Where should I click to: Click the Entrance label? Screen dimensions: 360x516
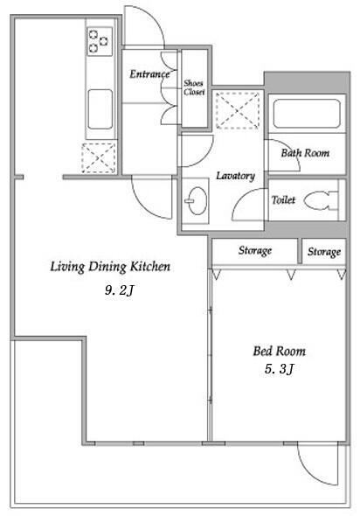click(149, 74)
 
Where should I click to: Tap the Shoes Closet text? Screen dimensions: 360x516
click(194, 87)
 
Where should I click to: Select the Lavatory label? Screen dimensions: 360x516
click(235, 176)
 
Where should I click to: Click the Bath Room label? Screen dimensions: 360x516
click(305, 153)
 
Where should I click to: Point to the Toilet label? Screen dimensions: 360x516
click(283, 199)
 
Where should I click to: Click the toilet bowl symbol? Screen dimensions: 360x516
click(321, 201)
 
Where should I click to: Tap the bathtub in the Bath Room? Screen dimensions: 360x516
click(307, 114)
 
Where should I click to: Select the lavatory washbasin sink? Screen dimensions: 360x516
click(197, 201)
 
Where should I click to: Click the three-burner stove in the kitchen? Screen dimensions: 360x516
click(100, 41)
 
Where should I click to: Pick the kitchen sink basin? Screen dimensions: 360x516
click(100, 109)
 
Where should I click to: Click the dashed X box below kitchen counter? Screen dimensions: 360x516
click(99, 158)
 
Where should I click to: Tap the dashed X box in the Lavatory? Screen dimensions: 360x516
click(238, 110)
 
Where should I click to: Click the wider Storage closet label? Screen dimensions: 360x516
click(255, 250)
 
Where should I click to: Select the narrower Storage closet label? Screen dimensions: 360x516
click(324, 252)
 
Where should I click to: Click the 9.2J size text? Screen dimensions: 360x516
click(120, 290)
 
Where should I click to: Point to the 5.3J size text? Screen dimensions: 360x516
click(279, 369)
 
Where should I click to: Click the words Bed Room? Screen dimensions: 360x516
click(279, 351)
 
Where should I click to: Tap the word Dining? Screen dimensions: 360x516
click(107, 267)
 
